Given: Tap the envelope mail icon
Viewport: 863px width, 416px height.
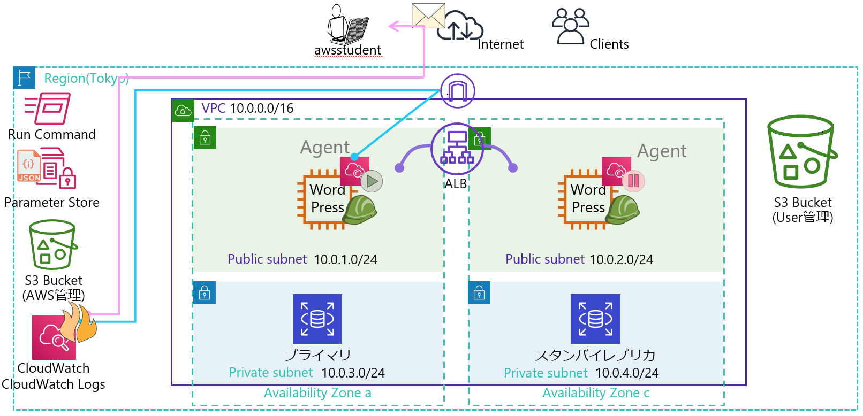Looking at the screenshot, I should [x=428, y=16].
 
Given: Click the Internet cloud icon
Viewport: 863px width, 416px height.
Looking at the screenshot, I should [x=459, y=26].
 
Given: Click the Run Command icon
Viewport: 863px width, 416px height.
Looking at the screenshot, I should [x=48, y=109].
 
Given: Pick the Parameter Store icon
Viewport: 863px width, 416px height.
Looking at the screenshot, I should [x=47, y=168].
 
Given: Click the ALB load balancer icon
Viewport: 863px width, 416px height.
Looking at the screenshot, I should [x=457, y=149].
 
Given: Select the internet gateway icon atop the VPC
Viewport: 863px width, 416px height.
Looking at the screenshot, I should [x=457, y=91].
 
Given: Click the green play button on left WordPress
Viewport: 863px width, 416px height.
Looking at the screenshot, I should [x=372, y=181].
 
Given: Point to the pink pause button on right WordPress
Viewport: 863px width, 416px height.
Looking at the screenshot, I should [x=633, y=181].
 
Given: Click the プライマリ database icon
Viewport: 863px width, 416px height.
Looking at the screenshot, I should [x=317, y=319].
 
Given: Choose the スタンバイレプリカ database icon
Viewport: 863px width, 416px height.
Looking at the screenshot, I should [x=595, y=319].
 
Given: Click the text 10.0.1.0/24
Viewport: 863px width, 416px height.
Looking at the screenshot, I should [x=345, y=260].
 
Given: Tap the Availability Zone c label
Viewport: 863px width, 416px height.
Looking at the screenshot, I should [x=596, y=393].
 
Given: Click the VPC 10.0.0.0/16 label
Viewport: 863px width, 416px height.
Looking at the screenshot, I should [x=247, y=109].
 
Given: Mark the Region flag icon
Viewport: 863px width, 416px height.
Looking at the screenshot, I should [x=24, y=78].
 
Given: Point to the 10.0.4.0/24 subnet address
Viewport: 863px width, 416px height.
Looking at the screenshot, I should [x=627, y=373].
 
